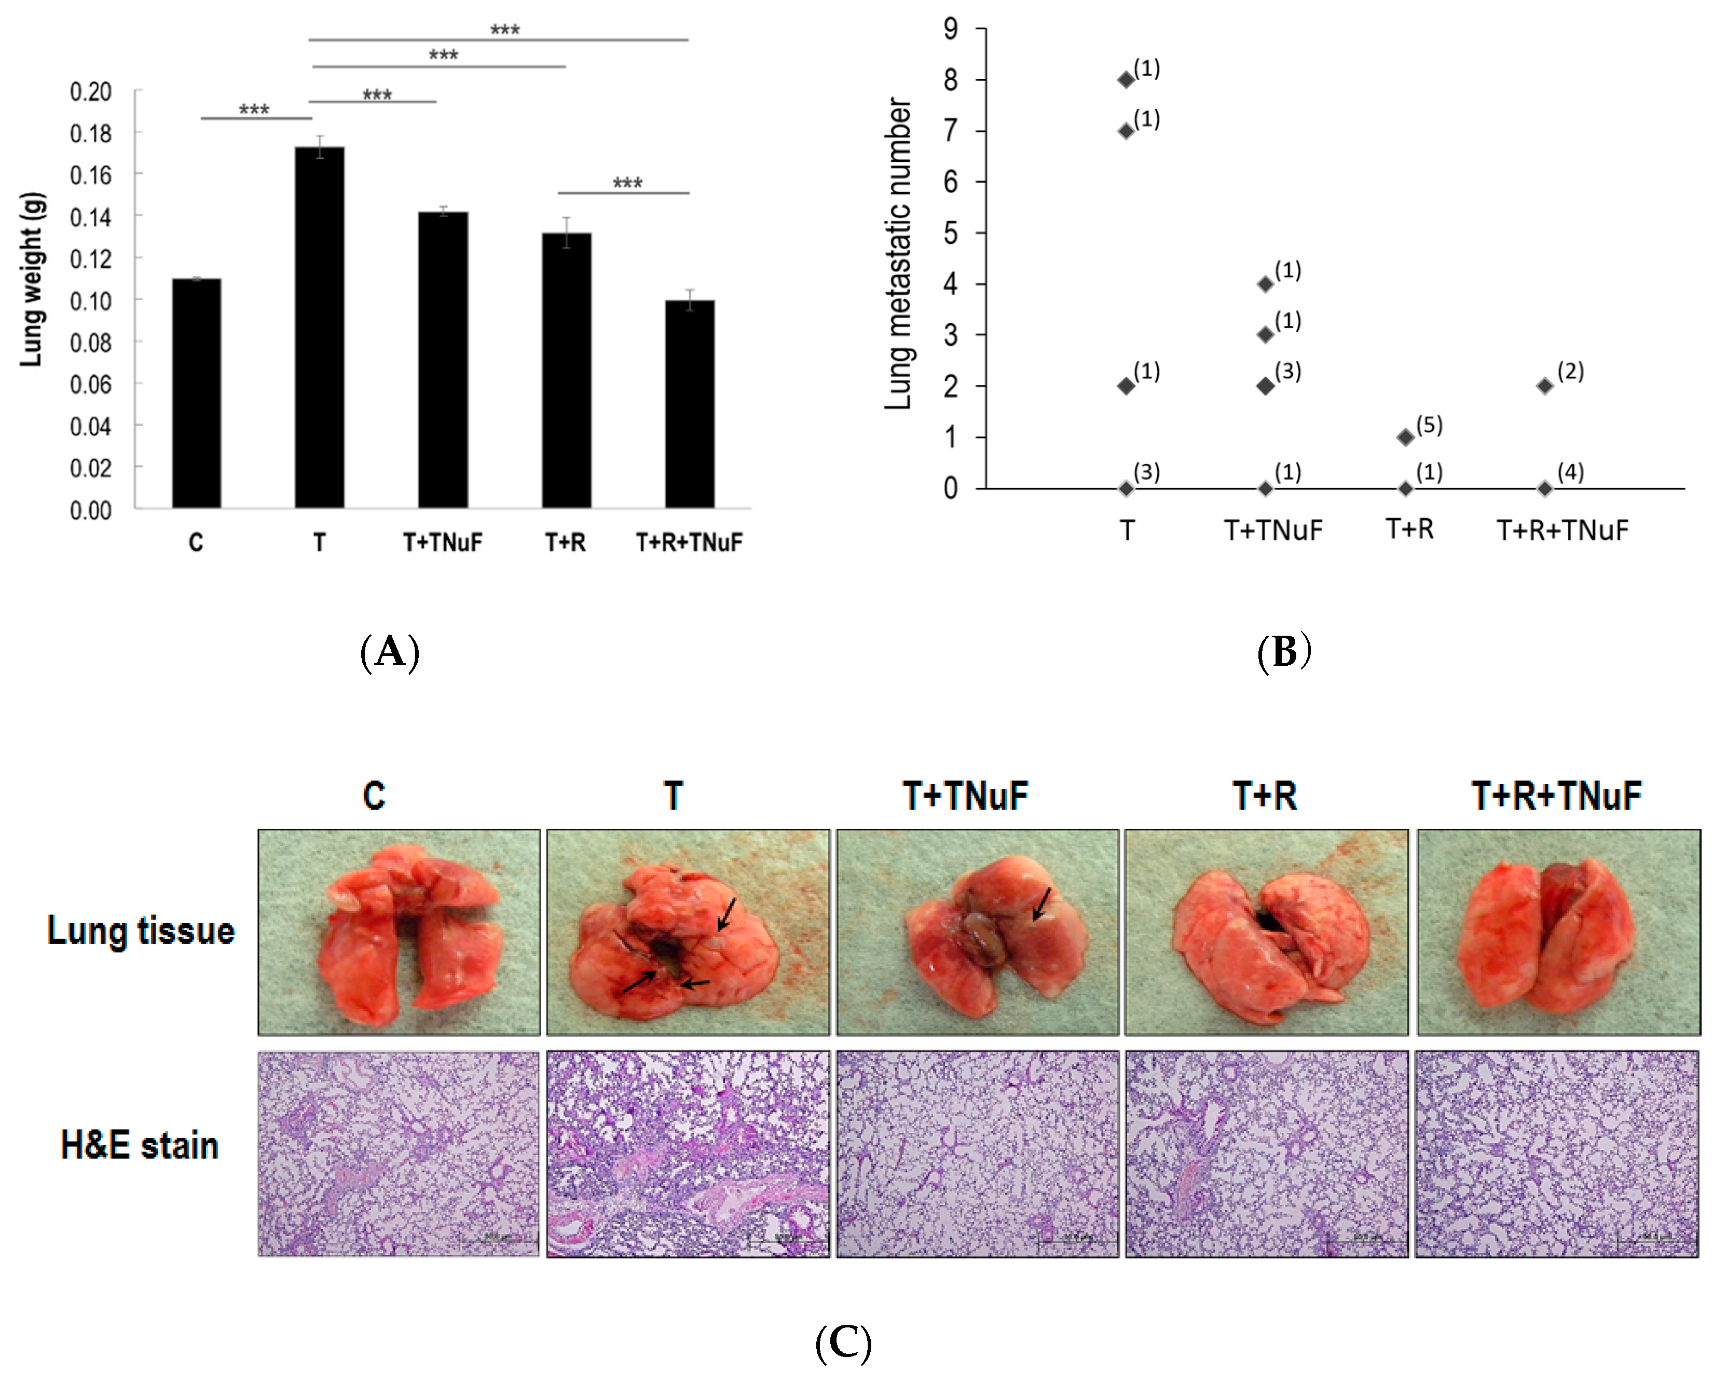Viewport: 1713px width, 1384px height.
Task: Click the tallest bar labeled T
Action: (x=320, y=327)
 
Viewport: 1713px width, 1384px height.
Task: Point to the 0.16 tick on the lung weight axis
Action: (x=91, y=174)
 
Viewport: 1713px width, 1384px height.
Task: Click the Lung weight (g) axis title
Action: (x=32, y=280)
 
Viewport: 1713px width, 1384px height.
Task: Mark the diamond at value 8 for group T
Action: (x=1126, y=80)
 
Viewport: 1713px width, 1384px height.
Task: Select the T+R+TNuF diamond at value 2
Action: (x=1545, y=386)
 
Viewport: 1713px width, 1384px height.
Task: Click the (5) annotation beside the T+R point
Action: (x=1429, y=425)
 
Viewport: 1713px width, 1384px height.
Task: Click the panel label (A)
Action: (x=390, y=652)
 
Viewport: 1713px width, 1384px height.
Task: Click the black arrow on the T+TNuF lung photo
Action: (x=1041, y=903)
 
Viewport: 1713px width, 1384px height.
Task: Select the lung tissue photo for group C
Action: (x=399, y=932)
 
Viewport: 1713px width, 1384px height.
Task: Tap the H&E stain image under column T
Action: (x=688, y=1154)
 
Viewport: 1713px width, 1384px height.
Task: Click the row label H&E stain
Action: (x=140, y=1146)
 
